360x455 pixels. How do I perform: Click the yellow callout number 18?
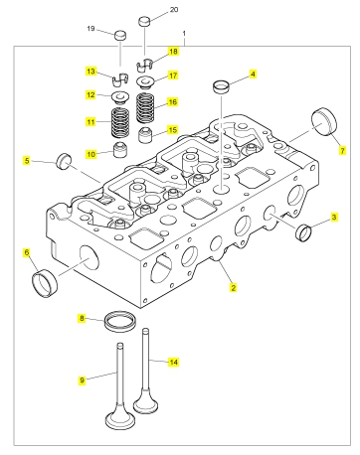coord(173,52)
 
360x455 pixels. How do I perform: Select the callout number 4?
coord(253,74)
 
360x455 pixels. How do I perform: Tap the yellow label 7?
coord(342,151)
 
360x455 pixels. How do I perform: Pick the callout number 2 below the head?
coord(233,288)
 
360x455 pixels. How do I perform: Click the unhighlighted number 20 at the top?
coord(174,10)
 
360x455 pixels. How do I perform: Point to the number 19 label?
coord(90,29)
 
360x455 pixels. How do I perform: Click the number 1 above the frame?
coord(184,34)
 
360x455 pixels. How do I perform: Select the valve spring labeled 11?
coord(120,123)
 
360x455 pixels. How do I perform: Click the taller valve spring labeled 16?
coord(145,108)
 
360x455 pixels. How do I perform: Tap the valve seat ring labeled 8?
coord(120,321)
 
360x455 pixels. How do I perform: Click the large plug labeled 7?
coord(324,121)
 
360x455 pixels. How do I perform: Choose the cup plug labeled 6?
coord(45,283)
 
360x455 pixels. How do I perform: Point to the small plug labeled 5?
coord(64,161)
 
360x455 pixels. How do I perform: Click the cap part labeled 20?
coord(144,21)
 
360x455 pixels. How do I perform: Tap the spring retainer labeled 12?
coord(120,97)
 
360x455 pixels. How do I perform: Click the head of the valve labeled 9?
coord(120,419)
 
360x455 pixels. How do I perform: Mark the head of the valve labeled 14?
coord(145,402)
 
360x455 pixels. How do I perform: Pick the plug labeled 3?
coord(303,232)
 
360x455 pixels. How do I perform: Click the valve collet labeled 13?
coord(120,79)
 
